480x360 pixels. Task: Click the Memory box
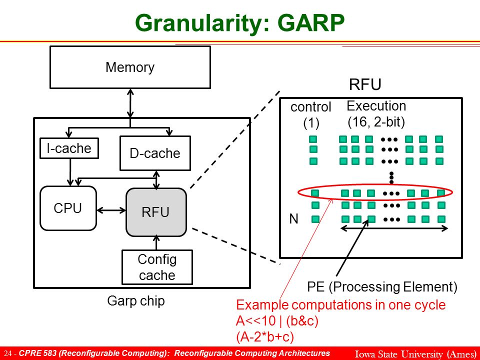click(x=130, y=67)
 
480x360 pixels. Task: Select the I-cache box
click(x=69, y=148)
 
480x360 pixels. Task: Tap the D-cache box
click(x=155, y=153)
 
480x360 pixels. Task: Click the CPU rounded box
click(x=68, y=208)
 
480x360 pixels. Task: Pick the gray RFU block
click(x=156, y=212)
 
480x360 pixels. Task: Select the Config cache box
click(x=157, y=267)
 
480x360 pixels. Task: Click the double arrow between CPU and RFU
click(x=111, y=210)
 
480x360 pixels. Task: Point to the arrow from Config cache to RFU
click(x=156, y=243)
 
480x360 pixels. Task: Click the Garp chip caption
click(x=136, y=300)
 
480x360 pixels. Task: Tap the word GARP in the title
click(x=311, y=22)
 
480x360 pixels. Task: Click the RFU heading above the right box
click(x=365, y=84)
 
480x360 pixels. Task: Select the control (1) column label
click(x=310, y=115)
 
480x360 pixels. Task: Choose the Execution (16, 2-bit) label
click(x=376, y=114)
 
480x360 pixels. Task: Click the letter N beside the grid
click(x=293, y=219)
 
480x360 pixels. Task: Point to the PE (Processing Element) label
click(x=382, y=287)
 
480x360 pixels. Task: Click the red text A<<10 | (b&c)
click(x=277, y=321)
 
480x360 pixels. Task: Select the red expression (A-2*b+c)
click(x=265, y=336)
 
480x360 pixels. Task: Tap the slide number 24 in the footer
click(x=7, y=353)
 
